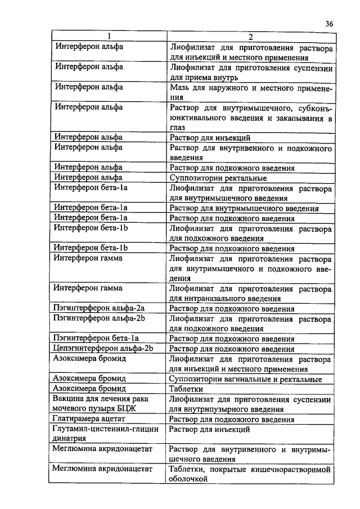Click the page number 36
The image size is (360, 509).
[329, 24]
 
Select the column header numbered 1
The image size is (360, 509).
[110, 37]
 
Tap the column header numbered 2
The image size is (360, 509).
[250, 37]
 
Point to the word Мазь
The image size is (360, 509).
[180, 87]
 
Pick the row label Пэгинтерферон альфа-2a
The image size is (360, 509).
[99, 309]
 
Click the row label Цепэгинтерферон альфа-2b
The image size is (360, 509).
[103, 349]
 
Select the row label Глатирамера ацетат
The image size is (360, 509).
[89, 419]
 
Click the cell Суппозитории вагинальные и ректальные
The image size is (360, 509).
[246, 379]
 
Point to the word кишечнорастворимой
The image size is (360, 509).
[291, 469]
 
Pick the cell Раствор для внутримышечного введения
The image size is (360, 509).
[244, 208]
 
